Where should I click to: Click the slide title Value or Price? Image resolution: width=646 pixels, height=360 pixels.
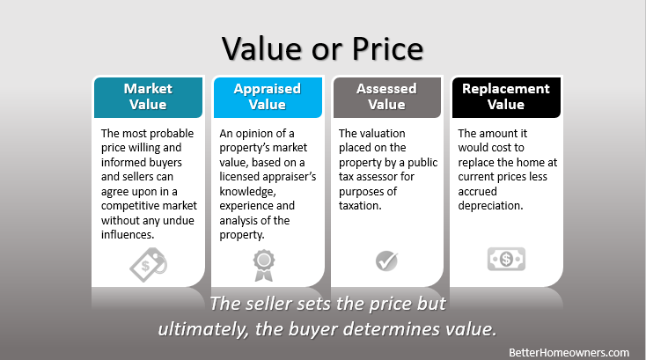(x=323, y=48)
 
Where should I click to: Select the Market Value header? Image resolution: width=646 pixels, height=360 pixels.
(x=149, y=97)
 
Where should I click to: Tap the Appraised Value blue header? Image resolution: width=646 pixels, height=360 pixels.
(x=268, y=97)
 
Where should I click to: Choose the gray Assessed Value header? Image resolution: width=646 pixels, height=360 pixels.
(x=387, y=97)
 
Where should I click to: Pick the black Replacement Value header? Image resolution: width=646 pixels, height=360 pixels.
(x=506, y=97)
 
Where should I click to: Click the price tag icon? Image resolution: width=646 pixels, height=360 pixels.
(x=149, y=264)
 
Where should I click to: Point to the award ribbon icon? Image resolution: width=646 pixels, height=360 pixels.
(x=264, y=265)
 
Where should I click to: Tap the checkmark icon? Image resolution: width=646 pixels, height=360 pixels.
(x=387, y=261)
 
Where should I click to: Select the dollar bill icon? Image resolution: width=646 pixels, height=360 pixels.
(x=506, y=259)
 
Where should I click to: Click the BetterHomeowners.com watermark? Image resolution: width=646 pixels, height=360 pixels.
(x=569, y=353)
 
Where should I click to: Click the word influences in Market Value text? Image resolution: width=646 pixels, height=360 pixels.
(x=128, y=235)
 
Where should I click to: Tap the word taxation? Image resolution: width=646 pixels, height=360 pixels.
(x=360, y=206)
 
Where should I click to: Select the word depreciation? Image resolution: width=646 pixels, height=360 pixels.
(x=490, y=206)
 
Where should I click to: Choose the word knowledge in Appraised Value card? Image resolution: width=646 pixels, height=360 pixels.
(x=247, y=192)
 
